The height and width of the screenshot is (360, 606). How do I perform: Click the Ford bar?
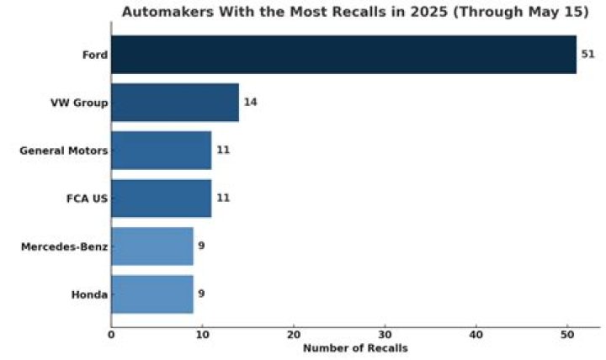click(343, 55)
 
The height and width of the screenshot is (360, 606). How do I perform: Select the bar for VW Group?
click(175, 103)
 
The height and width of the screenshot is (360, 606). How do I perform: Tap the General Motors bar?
click(161, 151)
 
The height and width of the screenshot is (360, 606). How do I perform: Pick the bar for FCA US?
click(161, 199)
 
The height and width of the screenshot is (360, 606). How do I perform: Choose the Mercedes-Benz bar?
click(152, 246)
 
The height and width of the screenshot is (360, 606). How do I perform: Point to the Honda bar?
click(152, 294)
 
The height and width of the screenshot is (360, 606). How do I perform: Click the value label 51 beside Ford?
click(588, 55)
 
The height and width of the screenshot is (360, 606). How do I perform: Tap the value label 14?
click(250, 103)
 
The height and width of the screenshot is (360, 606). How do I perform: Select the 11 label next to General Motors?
click(223, 151)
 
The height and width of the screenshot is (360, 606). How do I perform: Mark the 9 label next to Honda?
click(201, 294)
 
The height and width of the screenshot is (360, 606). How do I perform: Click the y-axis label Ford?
click(94, 55)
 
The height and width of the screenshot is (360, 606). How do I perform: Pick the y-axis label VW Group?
click(79, 103)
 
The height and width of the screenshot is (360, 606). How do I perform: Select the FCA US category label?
click(87, 199)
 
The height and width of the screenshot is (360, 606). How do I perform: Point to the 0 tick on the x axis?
click(111, 335)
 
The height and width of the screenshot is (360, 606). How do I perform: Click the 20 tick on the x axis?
click(294, 335)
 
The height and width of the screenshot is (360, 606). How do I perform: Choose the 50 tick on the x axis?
click(568, 335)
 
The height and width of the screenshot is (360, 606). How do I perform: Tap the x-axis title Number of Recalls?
click(354, 348)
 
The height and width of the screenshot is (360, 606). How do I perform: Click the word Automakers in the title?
click(164, 13)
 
